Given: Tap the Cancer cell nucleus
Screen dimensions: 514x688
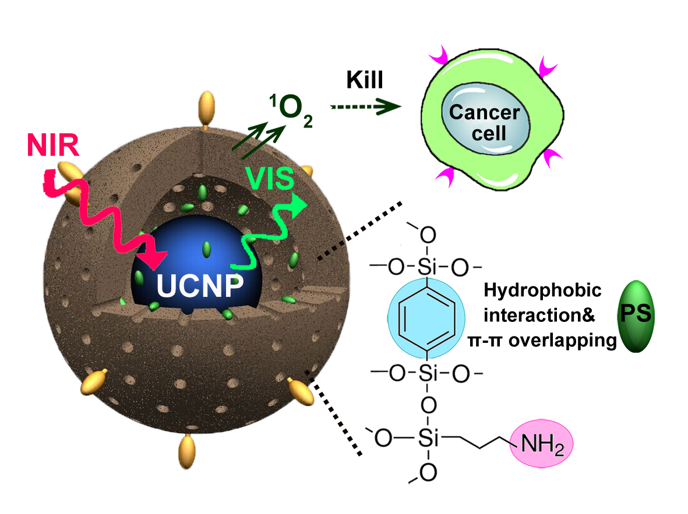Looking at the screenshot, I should pyautogui.click(x=485, y=122).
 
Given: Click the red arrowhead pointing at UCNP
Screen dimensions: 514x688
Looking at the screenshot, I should pyautogui.click(x=156, y=256).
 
